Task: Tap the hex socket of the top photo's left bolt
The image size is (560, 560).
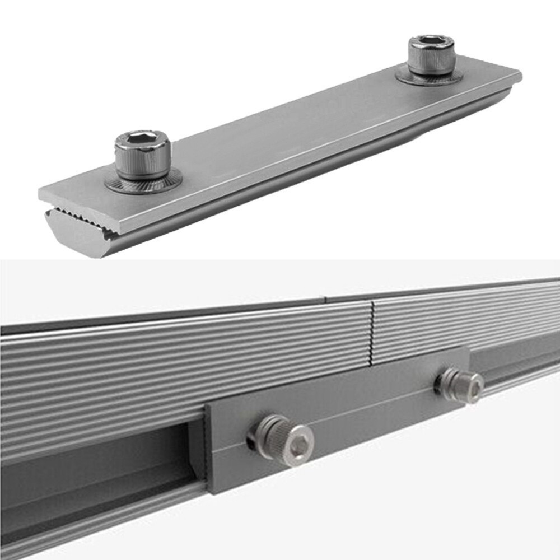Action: (143, 139)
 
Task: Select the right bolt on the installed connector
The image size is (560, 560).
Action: (460, 385)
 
